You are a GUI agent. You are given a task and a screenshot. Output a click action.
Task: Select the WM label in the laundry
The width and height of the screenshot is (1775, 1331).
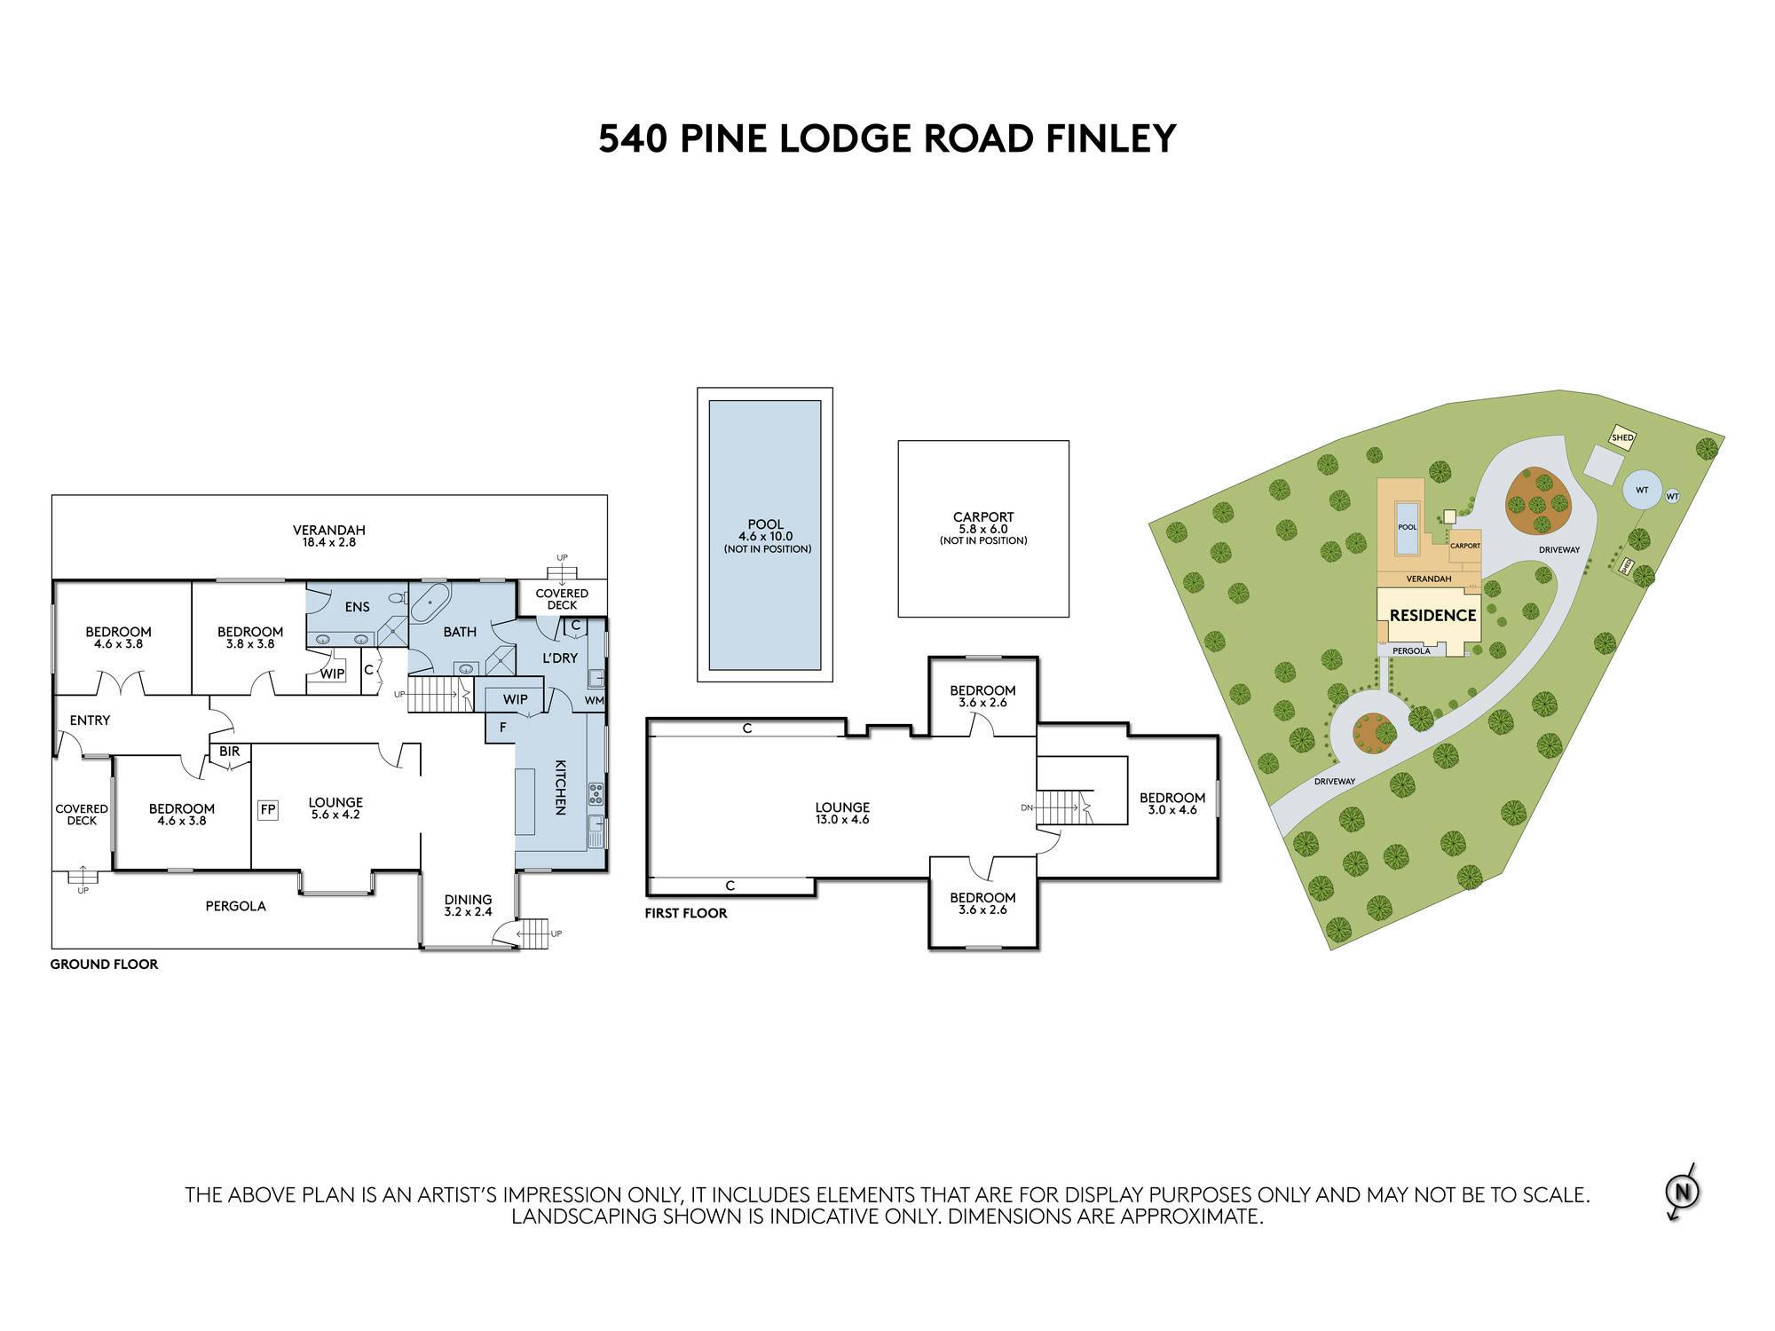594,700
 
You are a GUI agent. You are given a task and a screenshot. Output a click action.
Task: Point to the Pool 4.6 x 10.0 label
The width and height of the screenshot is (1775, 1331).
765,536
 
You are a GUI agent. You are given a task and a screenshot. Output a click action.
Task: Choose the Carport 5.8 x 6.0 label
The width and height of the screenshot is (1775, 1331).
983,528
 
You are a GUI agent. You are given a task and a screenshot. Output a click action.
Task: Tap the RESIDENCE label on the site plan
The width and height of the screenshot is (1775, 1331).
1432,615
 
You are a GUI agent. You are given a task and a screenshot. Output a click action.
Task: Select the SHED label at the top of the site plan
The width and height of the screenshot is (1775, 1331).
1622,437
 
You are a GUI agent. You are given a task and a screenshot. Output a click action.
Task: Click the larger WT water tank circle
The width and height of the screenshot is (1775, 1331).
1642,490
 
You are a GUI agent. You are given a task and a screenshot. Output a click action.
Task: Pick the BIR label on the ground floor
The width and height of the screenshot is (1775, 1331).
229,752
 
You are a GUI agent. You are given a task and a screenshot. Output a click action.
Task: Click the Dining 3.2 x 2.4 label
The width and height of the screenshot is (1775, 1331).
468,906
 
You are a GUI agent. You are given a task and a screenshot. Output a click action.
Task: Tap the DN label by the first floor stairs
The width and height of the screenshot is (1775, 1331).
1027,807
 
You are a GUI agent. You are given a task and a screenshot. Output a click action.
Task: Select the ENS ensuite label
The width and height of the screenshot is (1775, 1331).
358,607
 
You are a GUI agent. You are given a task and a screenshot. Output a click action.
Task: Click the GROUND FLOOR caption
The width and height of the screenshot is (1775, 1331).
104,965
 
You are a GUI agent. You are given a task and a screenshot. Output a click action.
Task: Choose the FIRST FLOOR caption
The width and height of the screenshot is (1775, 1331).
686,913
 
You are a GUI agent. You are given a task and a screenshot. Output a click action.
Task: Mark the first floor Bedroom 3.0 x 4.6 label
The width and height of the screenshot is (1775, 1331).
1172,804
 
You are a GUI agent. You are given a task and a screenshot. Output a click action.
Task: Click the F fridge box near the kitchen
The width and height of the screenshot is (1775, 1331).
503,728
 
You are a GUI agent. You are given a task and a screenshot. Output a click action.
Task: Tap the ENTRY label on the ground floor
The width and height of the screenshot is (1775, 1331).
90,721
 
